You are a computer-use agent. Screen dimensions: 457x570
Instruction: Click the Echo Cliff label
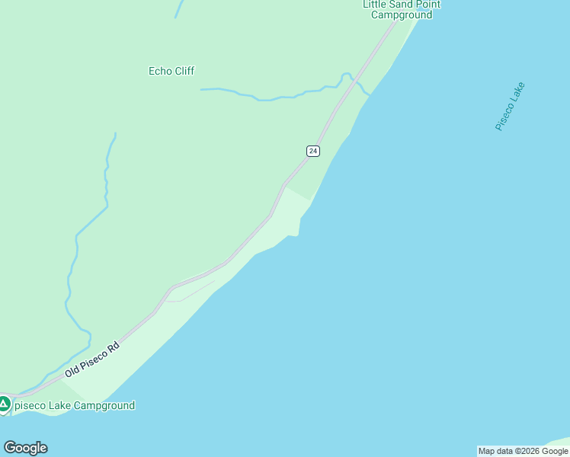point(171,71)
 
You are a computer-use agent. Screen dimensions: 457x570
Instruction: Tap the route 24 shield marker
point(312,151)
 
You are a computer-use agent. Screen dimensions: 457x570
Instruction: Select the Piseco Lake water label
point(510,107)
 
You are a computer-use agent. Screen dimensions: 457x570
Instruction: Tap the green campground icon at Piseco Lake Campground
point(4,404)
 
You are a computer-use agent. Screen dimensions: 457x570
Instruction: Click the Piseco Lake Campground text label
point(74,405)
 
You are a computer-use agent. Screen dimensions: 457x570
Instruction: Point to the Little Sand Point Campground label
point(401,9)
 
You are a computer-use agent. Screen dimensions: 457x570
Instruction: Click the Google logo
point(25,448)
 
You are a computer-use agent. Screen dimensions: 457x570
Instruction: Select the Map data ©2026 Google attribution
point(523,451)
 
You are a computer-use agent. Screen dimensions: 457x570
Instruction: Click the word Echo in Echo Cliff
point(159,71)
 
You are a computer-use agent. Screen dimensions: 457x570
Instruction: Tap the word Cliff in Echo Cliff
point(184,71)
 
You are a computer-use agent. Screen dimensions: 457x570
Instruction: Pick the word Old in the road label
point(72,371)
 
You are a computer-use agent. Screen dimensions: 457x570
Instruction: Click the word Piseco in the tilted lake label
point(504,117)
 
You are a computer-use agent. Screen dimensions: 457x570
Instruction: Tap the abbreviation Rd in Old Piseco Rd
point(114,344)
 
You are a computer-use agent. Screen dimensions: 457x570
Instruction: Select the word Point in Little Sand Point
point(427,5)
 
